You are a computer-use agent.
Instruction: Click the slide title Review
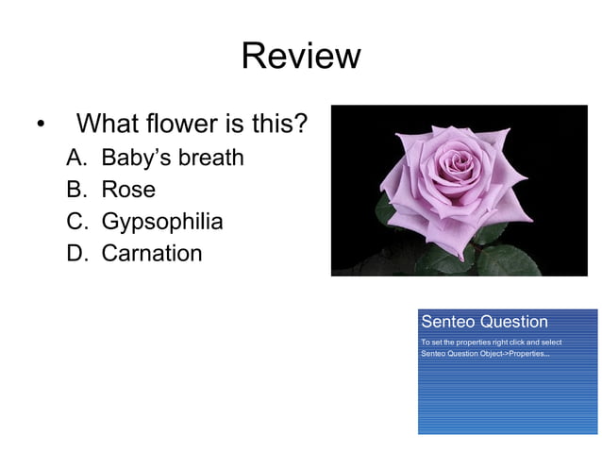(x=300, y=56)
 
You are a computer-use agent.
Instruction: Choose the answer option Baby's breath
(x=173, y=157)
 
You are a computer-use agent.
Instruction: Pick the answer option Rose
(x=128, y=189)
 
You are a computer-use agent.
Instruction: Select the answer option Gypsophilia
(x=162, y=222)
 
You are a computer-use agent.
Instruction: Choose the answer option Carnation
(x=152, y=253)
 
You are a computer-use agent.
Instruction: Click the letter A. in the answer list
(x=76, y=157)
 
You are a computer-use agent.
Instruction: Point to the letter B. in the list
(x=76, y=189)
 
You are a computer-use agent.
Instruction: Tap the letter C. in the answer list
(x=76, y=222)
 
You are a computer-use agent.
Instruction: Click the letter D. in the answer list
(x=76, y=253)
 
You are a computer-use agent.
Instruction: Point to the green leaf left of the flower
(x=384, y=211)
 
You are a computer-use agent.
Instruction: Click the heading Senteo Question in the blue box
(x=484, y=322)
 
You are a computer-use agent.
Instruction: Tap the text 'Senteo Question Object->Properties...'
(x=485, y=353)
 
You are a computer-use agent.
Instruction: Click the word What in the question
(x=106, y=124)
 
